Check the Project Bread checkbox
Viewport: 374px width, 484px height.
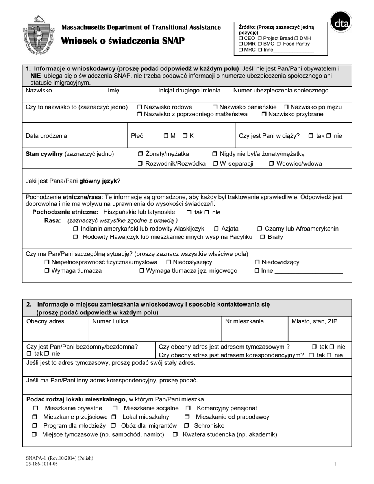259,38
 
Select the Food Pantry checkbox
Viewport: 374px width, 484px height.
278,44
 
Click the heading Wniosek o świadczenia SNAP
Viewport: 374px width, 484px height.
123,41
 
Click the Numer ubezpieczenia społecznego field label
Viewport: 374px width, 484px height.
281,91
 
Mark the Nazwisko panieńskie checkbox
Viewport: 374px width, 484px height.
215,107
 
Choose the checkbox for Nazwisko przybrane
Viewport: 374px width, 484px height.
264,114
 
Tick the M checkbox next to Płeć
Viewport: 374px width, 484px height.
166,136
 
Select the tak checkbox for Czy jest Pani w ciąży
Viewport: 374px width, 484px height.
311,136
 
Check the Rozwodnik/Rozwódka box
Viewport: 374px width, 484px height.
141,164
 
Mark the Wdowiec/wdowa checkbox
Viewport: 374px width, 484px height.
272,164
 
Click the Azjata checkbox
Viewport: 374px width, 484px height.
216,229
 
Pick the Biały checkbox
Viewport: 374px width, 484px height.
262,237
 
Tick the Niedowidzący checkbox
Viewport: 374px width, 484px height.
257,262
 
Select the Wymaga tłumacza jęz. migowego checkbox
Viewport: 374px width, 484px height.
142,271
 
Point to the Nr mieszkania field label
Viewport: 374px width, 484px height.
244,321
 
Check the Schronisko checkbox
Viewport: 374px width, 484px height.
187,426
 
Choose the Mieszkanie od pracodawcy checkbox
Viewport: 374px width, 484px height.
187,417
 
